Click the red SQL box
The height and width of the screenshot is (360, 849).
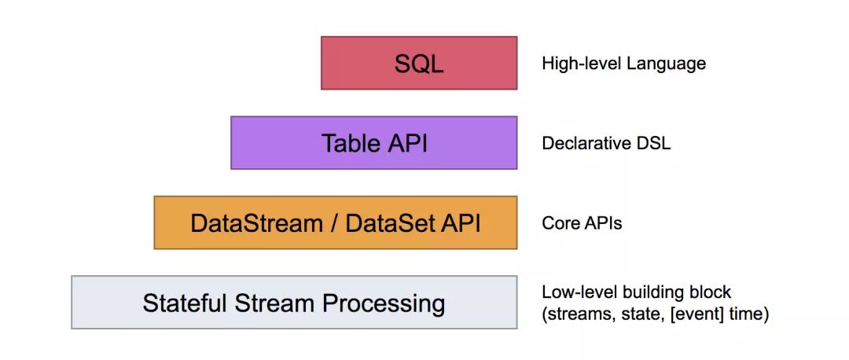419,63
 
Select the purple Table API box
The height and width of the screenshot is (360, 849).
373,143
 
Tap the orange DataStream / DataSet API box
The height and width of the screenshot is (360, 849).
336,223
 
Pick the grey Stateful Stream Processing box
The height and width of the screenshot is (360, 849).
294,303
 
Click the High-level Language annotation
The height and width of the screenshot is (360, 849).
623,64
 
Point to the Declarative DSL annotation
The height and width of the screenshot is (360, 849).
606,144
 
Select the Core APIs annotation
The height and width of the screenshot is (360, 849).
582,223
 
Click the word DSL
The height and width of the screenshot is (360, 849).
654,144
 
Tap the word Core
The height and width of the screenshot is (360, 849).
560,223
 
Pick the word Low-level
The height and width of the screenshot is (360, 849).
572,292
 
